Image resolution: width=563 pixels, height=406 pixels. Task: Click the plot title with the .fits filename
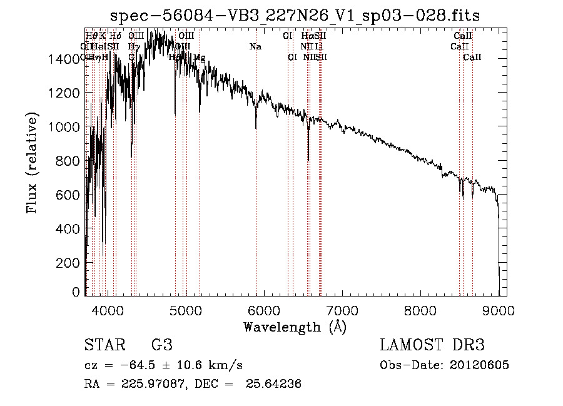pyautogui.click(x=295, y=16)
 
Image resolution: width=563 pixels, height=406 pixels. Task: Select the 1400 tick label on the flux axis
pyautogui.click(x=63, y=59)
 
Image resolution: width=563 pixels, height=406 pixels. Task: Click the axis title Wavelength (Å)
pyautogui.click(x=295, y=327)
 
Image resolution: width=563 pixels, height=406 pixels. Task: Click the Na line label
pyautogui.click(x=255, y=47)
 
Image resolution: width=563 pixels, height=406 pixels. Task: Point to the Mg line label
pyautogui.click(x=199, y=58)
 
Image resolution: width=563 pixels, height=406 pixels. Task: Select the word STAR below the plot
pyautogui.click(x=104, y=345)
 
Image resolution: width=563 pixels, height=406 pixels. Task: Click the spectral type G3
pyautogui.click(x=162, y=345)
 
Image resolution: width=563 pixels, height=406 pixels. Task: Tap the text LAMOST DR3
pyautogui.click(x=432, y=345)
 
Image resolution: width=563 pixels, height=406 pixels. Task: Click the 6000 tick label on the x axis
pyautogui.click(x=263, y=309)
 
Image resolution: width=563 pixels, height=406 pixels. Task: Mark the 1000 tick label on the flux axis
pyautogui.click(x=63, y=127)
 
